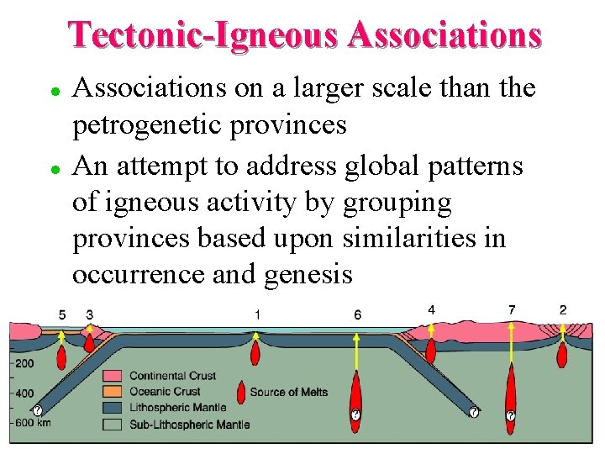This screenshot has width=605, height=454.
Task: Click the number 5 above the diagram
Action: (x=62, y=314)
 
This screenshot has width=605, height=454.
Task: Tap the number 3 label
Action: (x=89, y=314)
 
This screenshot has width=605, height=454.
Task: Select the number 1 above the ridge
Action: (x=257, y=314)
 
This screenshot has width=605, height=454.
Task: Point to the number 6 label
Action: (x=358, y=314)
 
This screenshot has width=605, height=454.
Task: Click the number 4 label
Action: (x=431, y=310)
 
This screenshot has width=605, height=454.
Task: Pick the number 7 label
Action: (x=512, y=310)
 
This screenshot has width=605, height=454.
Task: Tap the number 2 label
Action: (x=562, y=310)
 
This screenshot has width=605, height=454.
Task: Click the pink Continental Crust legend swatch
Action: (x=113, y=376)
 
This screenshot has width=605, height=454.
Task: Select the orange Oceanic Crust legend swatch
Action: (x=113, y=392)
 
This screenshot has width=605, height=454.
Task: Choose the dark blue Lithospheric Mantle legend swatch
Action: (x=113, y=408)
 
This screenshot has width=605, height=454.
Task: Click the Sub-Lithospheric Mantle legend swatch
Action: (x=113, y=424)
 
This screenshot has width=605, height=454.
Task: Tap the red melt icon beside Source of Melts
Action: (x=241, y=392)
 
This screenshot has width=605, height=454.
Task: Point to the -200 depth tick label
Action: (x=23, y=363)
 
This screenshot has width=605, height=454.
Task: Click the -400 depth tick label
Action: (x=23, y=393)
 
